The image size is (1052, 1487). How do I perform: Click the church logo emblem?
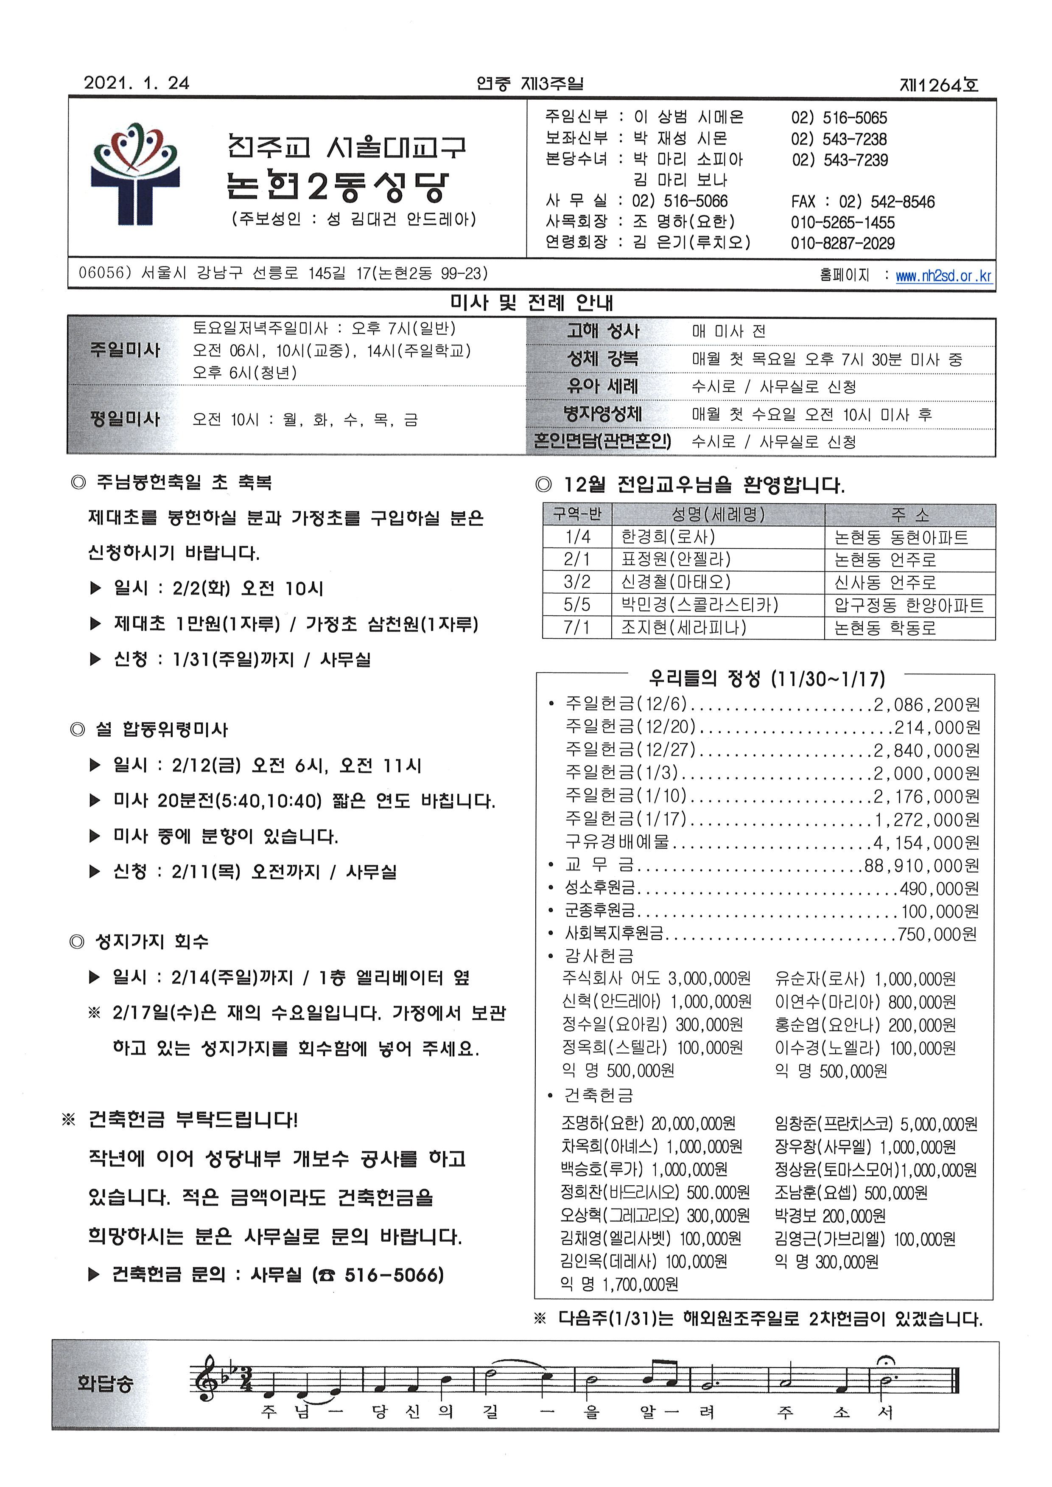coord(135,173)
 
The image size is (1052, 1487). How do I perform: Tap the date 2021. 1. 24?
coord(136,83)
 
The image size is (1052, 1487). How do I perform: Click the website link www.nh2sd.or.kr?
coord(943,276)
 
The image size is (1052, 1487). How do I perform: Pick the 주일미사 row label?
coord(125,350)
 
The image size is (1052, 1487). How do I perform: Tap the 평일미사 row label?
coord(125,418)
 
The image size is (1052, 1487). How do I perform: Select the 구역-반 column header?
coord(576,514)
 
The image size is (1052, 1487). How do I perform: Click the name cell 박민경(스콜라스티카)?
coord(699,605)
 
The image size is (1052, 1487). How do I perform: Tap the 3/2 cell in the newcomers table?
coord(576,582)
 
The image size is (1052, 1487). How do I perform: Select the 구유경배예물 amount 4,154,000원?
coord(926,842)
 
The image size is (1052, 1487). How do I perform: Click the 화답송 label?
coord(105,1383)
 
